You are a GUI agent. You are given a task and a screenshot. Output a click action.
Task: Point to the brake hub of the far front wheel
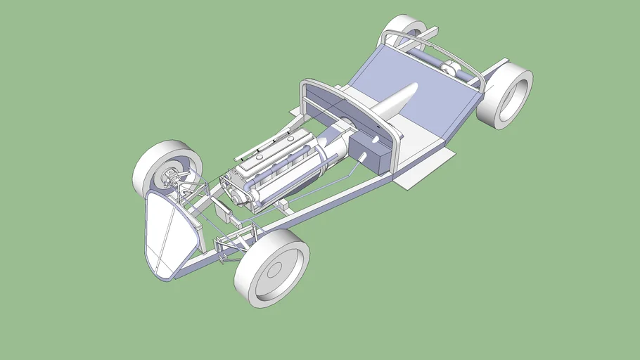tap(171, 176)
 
